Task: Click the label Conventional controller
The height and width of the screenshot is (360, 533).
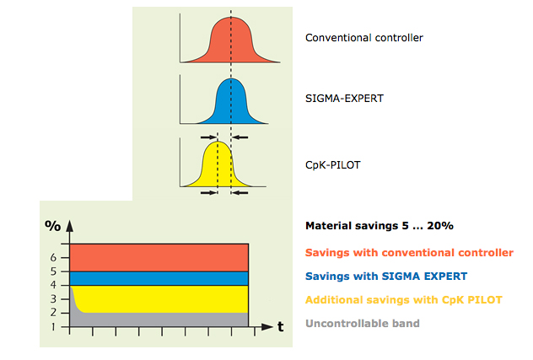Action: [364, 38]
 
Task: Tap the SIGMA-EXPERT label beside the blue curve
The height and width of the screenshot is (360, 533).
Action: [344, 99]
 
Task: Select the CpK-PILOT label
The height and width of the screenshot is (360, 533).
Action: [333, 165]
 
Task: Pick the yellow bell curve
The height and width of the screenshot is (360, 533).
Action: [218, 167]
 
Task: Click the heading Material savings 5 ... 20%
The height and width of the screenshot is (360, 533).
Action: [380, 226]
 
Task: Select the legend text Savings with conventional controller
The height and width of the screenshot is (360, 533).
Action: [409, 253]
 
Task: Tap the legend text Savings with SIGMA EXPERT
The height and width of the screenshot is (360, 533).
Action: [386, 276]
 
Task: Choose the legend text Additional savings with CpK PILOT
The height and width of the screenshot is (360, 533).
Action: [404, 300]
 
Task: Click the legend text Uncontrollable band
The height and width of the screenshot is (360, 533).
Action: [363, 323]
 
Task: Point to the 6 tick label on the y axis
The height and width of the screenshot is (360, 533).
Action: [53, 258]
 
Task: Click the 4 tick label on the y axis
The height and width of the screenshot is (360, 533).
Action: [53, 285]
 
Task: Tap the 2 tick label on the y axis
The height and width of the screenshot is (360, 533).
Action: [53, 313]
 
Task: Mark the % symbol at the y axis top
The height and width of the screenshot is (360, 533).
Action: [52, 226]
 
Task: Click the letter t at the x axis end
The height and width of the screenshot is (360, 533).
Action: [281, 326]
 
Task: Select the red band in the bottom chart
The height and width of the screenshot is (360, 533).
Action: [159, 258]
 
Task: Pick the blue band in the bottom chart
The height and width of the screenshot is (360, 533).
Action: [159, 278]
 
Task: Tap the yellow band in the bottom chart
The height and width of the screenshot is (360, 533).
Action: [163, 299]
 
